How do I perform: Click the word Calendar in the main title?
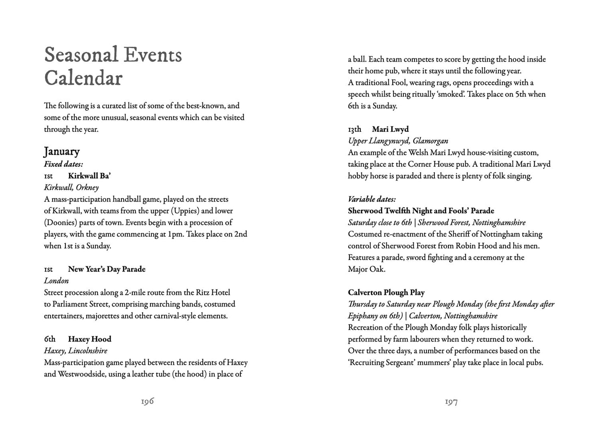pyautogui.click(x=83, y=78)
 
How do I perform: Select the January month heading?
pyautogui.click(x=62, y=151)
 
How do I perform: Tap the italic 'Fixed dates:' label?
pyautogui.click(x=63, y=164)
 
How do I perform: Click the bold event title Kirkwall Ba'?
pyautogui.click(x=89, y=176)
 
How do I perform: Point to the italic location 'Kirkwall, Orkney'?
pyautogui.click(x=71, y=187)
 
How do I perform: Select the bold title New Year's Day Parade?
pyautogui.click(x=107, y=269)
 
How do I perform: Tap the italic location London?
pyautogui.click(x=56, y=281)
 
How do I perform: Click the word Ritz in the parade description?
pyautogui.click(x=194, y=292)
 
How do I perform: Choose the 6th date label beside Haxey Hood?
pyautogui.click(x=49, y=339)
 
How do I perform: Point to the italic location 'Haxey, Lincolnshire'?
pyautogui.click(x=75, y=351)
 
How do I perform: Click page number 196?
pyautogui.click(x=147, y=401)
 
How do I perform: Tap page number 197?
pyautogui.click(x=451, y=401)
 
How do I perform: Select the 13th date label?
pyautogui.click(x=354, y=129)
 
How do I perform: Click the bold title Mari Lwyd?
pyautogui.click(x=390, y=129)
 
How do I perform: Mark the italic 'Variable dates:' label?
pyautogui.click(x=371, y=199)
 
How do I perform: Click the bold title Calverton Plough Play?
pyautogui.click(x=386, y=292)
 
